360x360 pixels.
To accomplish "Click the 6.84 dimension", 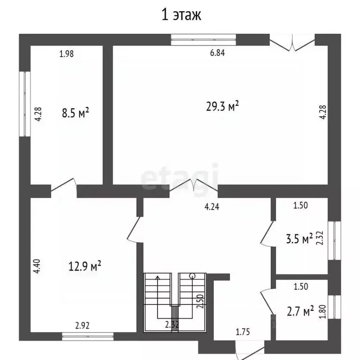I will [x=217, y=53].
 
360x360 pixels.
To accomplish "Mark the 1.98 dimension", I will [x=67, y=53].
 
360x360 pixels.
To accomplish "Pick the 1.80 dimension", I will [x=322, y=311].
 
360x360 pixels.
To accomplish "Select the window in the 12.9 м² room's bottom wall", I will [x=88, y=336].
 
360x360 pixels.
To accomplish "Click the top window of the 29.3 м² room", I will [x=203, y=39].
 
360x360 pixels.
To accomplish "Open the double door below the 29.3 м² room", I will [x=194, y=186].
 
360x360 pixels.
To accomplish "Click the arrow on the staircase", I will [x=157, y=277].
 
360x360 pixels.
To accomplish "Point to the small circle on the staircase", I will [x=192, y=276].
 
